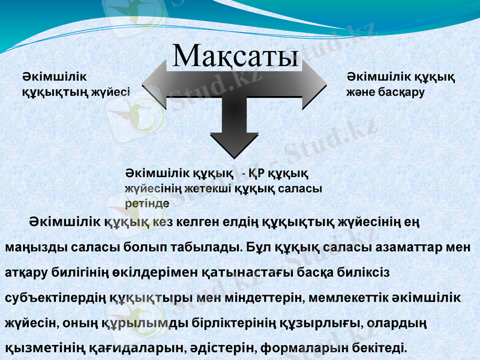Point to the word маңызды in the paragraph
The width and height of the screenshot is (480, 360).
[31, 247]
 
